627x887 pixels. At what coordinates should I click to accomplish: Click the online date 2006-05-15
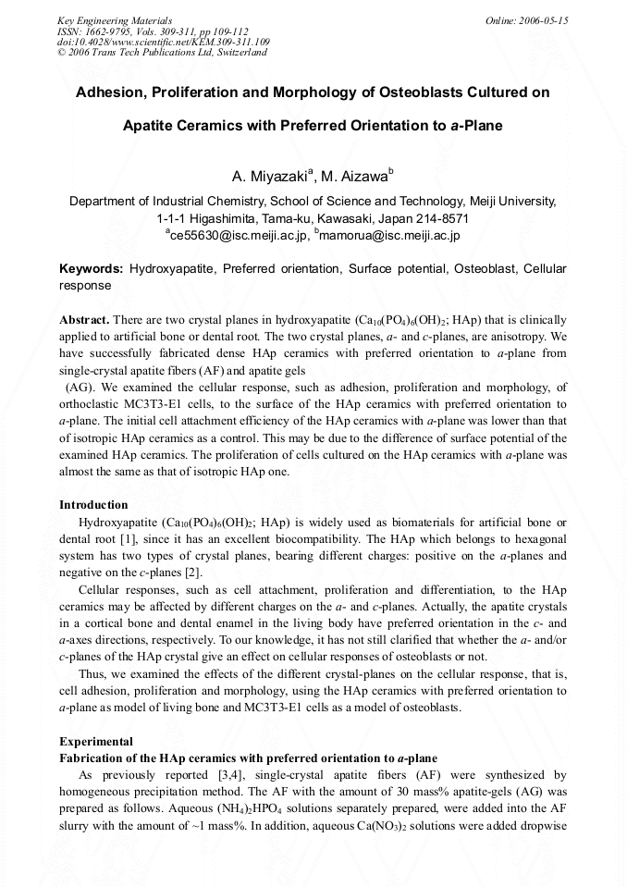coord(543,20)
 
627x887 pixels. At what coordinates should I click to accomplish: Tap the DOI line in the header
coord(163,43)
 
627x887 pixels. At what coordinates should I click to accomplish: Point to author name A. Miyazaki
coord(272,176)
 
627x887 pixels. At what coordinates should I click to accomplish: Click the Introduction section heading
coord(93,505)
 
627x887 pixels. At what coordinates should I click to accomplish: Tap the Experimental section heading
coord(96,742)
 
